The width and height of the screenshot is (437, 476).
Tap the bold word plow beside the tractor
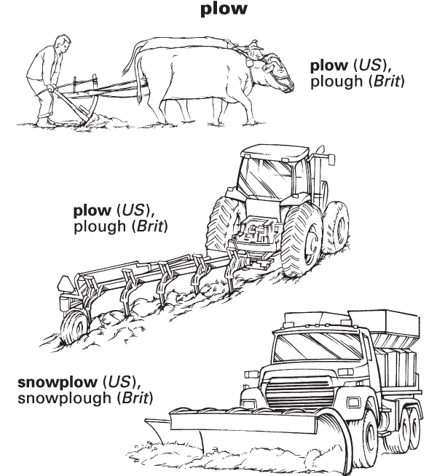90,212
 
